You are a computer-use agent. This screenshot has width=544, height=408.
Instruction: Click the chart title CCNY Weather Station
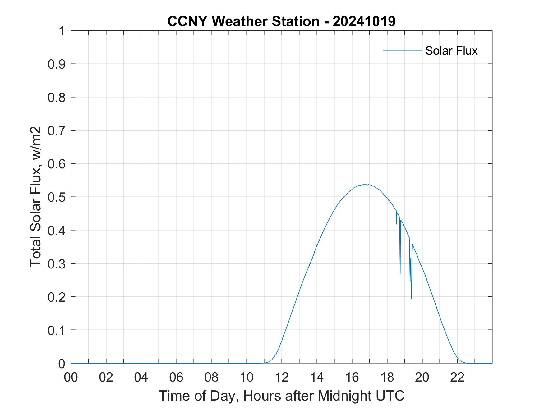[243, 21]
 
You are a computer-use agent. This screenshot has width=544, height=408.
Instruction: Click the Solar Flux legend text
[451, 51]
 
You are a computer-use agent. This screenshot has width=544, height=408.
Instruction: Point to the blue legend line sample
[402, 50]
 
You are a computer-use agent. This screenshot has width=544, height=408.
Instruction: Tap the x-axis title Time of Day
[281, 396]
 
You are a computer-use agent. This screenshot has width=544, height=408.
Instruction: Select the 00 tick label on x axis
[71, 377]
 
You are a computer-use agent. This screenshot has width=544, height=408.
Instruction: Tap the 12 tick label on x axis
[282, 377]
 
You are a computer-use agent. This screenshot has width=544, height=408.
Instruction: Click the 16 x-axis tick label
[352, 377]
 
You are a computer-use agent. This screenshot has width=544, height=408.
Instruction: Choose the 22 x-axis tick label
[457, 377]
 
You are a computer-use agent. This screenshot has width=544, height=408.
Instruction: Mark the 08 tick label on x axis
[211, 377]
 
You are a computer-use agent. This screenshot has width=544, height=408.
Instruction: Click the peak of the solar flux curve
[366, 184]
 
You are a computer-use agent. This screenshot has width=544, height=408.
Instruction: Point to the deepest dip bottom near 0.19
[411, 299]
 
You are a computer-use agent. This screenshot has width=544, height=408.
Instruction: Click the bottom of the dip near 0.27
[400, 274]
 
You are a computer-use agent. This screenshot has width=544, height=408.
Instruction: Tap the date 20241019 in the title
[364, 21]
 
